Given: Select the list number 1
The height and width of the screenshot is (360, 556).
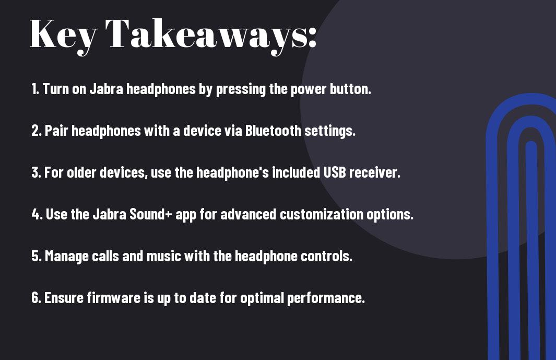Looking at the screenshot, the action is click(35, 89).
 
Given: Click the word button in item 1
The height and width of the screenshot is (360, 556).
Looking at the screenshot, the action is click(350, 89).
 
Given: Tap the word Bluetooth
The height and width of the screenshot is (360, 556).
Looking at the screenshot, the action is click(273, 131).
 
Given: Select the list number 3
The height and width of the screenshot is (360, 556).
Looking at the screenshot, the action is click(36, 172).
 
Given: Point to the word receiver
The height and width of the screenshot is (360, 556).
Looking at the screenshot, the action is click(375, 172).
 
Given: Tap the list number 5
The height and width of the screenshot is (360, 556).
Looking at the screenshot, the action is click(36, 256).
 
